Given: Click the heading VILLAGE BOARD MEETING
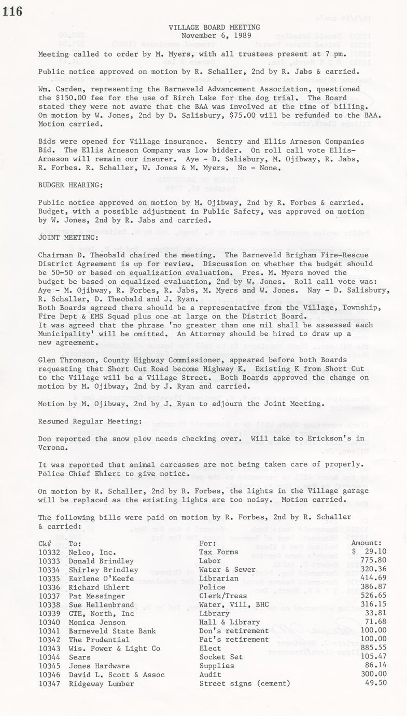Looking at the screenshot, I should click(x=214, y=27).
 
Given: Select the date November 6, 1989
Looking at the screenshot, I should click(x=214, y=36).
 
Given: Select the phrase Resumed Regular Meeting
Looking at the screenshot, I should click(x=86, y=421).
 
